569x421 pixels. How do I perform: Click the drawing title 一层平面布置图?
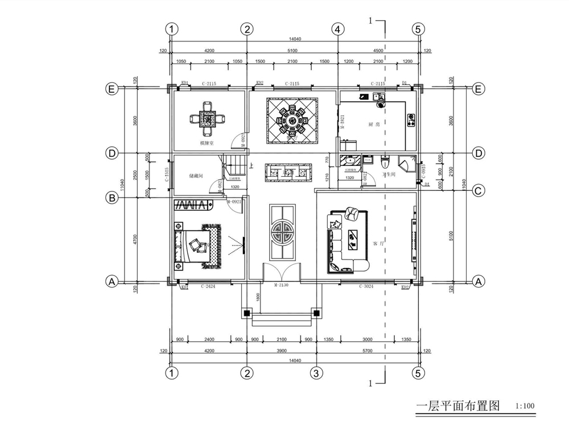458,406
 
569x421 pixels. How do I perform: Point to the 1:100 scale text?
525,406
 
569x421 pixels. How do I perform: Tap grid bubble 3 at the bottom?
316,373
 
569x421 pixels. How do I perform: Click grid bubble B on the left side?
113,198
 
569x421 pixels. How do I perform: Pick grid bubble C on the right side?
479,191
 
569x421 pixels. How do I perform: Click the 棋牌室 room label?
207,143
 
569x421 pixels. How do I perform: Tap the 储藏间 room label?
196,176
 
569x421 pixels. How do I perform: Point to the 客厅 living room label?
377,243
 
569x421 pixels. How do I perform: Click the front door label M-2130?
282,285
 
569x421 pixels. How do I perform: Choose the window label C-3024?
368,287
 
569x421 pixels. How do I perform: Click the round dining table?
291,120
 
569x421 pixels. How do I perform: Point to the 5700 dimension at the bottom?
368,351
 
